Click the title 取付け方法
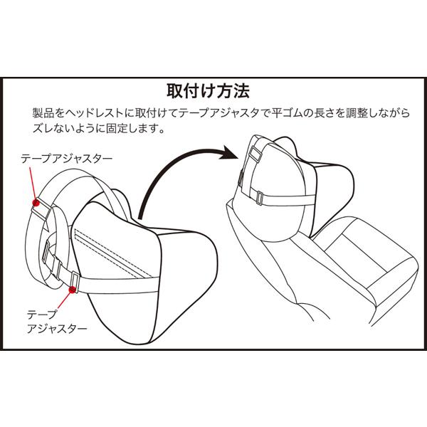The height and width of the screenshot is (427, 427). pos(207,92)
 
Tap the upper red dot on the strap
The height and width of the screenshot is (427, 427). pos(36,202)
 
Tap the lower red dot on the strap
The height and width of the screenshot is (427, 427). pos(73,289)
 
